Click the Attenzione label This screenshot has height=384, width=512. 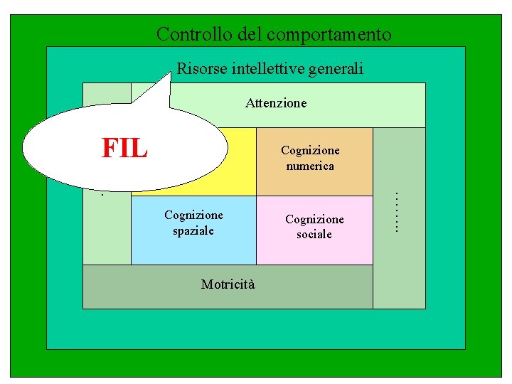pos(276,103)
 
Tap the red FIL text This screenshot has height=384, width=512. pos(125,148)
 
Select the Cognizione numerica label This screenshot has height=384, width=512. pos(310,158)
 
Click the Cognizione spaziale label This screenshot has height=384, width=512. pos(193,223)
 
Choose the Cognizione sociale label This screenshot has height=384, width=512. pos(314,227)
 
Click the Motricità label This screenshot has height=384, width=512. pos(228,284)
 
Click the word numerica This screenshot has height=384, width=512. pos(310,166)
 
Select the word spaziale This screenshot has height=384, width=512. pos(193,231)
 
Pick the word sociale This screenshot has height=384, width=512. pos(314,235)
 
